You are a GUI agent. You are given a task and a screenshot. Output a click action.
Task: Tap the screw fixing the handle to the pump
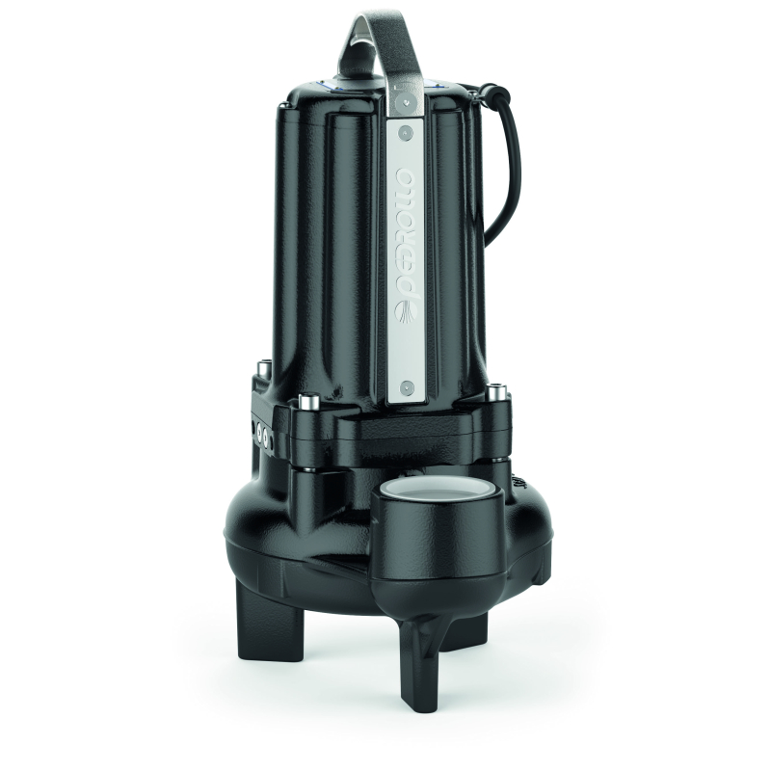(x=405, y=102)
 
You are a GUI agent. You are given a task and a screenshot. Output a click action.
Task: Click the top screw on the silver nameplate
(x=405, y=133)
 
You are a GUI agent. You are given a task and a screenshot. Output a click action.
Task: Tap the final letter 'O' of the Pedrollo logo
(x=407, y=175)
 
